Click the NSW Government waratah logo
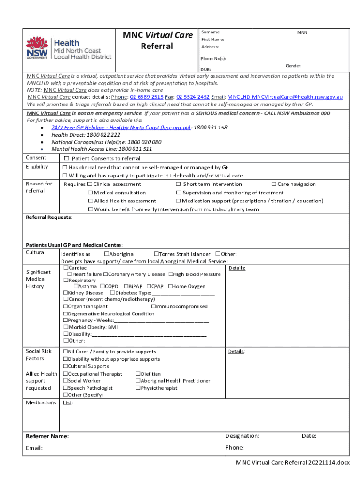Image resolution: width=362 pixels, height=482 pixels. [x=37, y=47]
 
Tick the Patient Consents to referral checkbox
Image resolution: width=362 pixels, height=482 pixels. [x=66, y=159]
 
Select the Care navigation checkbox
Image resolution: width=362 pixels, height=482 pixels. [x=274, y=184]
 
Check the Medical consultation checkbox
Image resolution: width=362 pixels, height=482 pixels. [x=90, y=193]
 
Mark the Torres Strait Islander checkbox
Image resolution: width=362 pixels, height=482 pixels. [x=156, y=254]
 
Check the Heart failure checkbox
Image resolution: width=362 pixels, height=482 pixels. [x=70, y=274]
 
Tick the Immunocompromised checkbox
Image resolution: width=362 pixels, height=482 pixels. [x=154, y=306]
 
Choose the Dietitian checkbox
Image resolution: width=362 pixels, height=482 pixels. [x=138, y=374]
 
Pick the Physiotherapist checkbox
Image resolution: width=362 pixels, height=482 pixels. [x=138, y=388]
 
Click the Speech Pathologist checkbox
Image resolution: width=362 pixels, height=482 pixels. [x=66, y=388]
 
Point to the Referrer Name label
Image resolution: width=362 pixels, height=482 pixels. [x=47, y=436]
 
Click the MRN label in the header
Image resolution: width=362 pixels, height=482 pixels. [x=302, y=32]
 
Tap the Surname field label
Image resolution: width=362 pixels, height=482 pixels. [x=211, y=32]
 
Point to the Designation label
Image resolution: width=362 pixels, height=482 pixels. [x=242, y=436]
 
